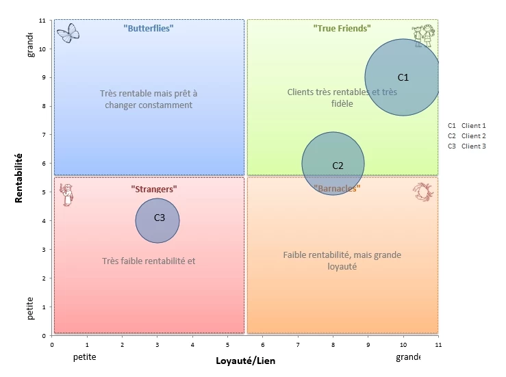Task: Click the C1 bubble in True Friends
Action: (x=403, y=77)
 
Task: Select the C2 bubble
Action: (x=333, y=164)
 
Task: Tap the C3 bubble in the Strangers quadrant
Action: (x=158, y=220)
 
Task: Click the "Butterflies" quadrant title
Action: (x=149, y=29)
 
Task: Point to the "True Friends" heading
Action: (x=342, y=29)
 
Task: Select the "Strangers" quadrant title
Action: (x=154, y=189)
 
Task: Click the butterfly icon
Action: (x=68, y=34)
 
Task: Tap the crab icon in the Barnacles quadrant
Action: (x=423, y=192)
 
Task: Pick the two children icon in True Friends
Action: (x=423, y=36)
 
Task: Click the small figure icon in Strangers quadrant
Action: (x=66, y=195)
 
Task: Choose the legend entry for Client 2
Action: (x=467, y=135)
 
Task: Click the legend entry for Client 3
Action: (x=467, y=146)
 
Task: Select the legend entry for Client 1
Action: (x=467, y=125)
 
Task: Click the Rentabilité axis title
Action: (x=19, y=178)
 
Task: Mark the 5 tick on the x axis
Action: (x=227, y=344)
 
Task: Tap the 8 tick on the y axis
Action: (x=42, y=106)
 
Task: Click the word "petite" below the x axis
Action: (x=85, y=356)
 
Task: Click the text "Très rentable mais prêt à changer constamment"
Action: (x=149, y=99)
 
